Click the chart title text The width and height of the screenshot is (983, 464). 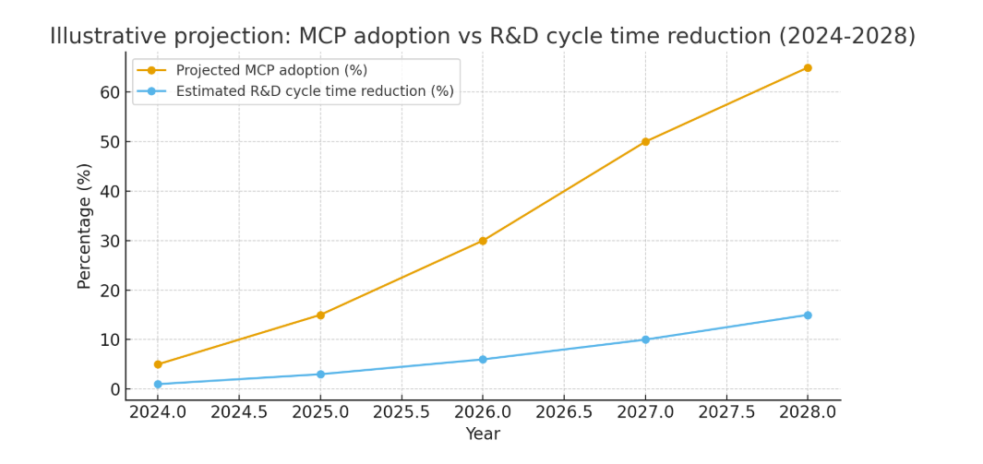483,36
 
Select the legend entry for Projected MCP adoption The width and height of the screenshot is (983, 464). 271,70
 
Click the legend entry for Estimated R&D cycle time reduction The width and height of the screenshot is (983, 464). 314,91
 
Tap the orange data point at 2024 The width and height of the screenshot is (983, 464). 158,364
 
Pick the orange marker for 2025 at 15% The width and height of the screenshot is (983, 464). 320,315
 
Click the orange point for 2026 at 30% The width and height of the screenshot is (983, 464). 483,241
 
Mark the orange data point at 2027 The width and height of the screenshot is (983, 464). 645,142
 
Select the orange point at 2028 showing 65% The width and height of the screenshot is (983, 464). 808,67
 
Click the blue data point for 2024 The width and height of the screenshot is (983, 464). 158,384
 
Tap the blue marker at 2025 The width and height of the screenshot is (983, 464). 320,375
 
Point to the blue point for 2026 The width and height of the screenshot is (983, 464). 483,360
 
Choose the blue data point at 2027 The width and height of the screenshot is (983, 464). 645,339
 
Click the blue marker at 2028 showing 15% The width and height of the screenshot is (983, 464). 808,315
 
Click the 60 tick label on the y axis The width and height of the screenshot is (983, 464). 110,92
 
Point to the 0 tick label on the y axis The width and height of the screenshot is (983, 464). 115,389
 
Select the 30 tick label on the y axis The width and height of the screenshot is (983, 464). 110,241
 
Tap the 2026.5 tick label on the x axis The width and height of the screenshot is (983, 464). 564,411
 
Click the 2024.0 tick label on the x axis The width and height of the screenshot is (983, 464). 158,411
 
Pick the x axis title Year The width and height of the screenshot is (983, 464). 483,434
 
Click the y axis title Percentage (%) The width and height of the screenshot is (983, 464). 85,226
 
